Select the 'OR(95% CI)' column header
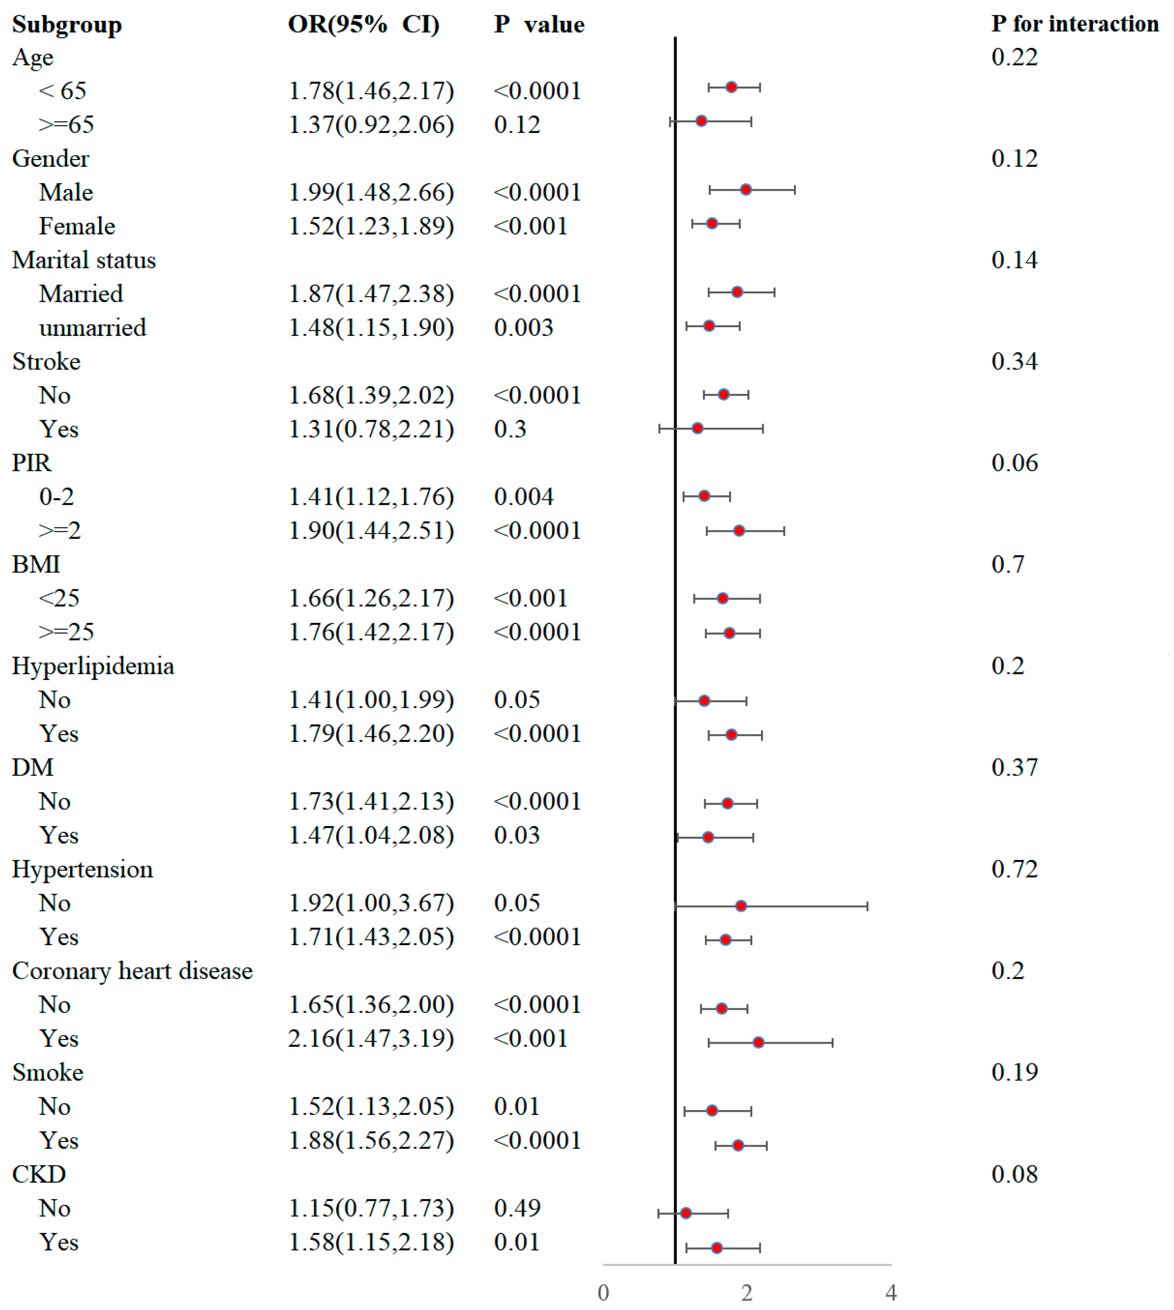(364, 24)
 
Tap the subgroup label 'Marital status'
(84, 260)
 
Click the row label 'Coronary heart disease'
(132, 971)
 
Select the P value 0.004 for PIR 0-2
(523, 496)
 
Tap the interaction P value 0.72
(1014, 869)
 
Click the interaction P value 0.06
(1014, 463)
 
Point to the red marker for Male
(746, 189)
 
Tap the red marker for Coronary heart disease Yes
(759, 1042)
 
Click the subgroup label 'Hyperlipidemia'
(93, 666)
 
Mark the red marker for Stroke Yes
(697, 428)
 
